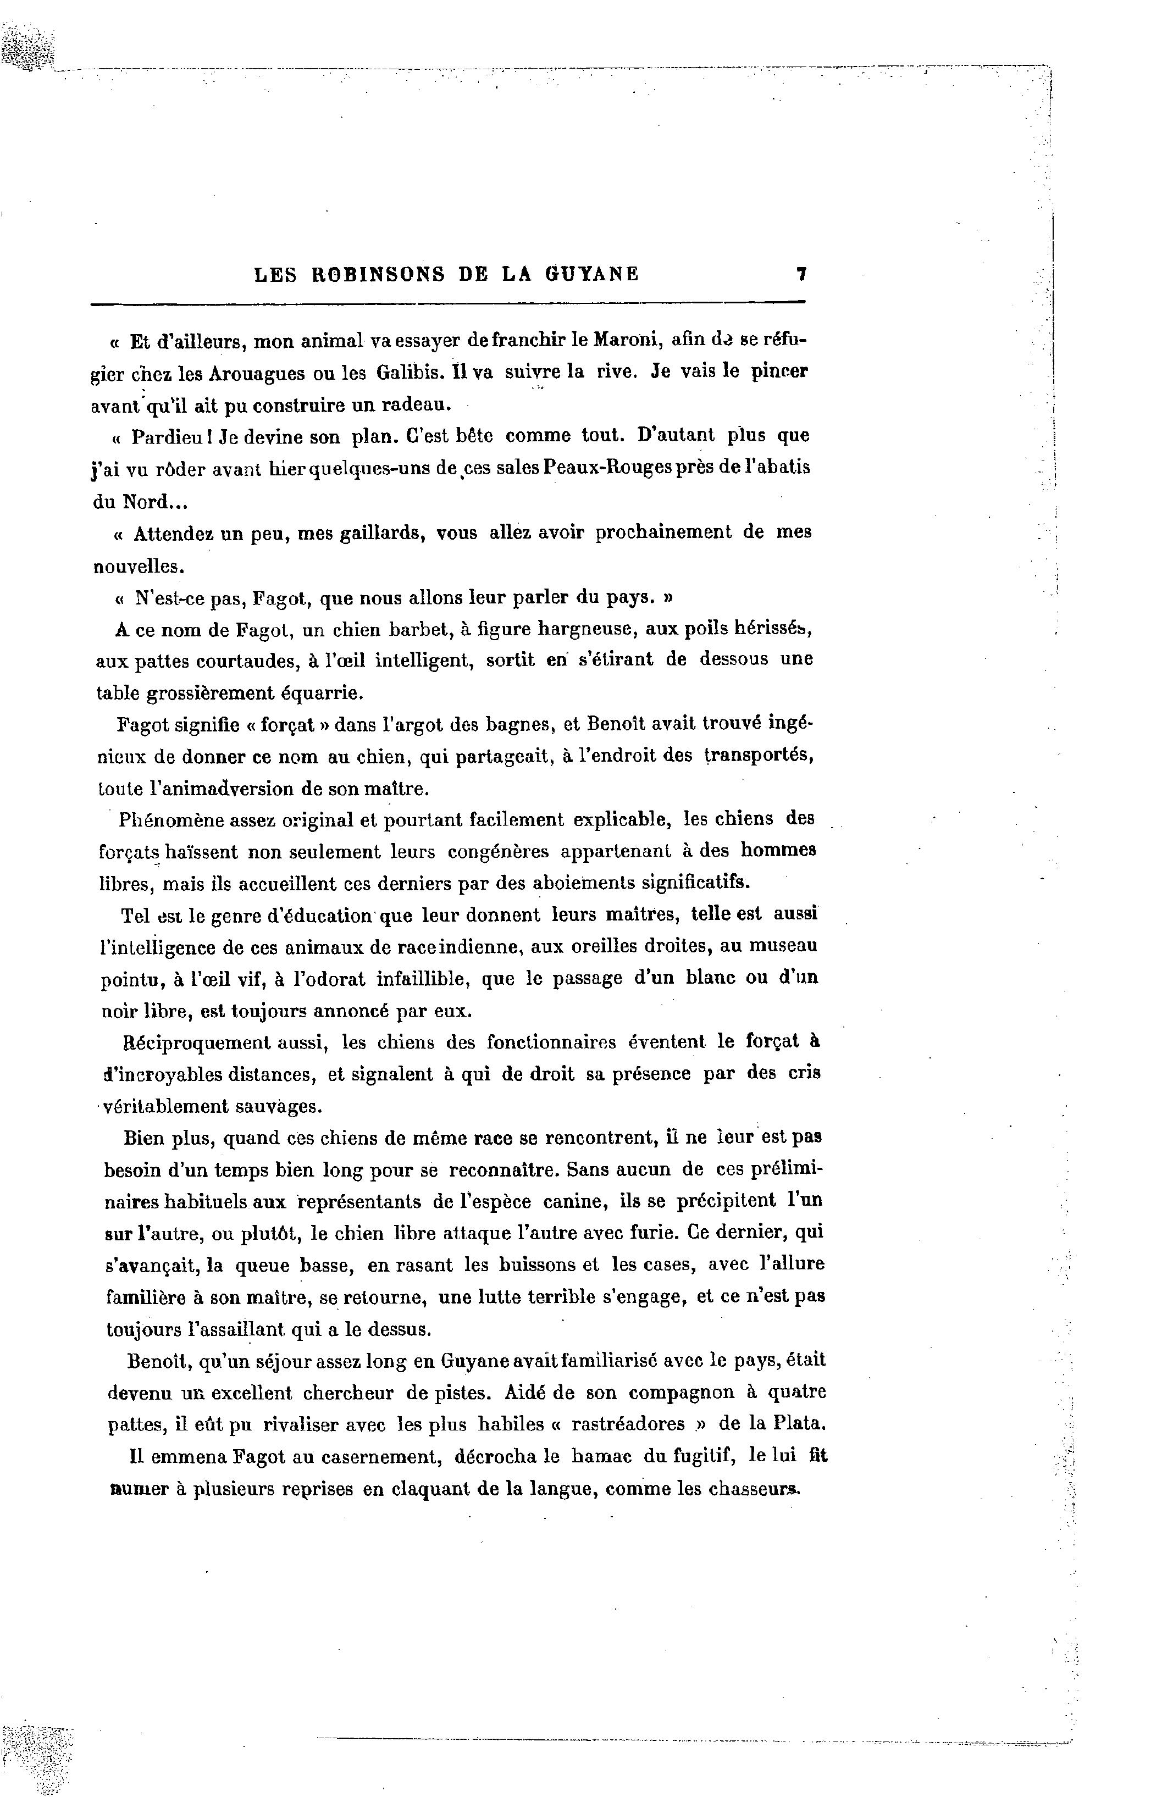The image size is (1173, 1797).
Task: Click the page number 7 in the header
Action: click(801, 273)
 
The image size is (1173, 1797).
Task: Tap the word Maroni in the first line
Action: click(628, 340)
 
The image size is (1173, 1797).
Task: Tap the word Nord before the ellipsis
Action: click(142, 501)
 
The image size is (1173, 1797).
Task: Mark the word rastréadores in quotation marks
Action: click(628, 1423)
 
